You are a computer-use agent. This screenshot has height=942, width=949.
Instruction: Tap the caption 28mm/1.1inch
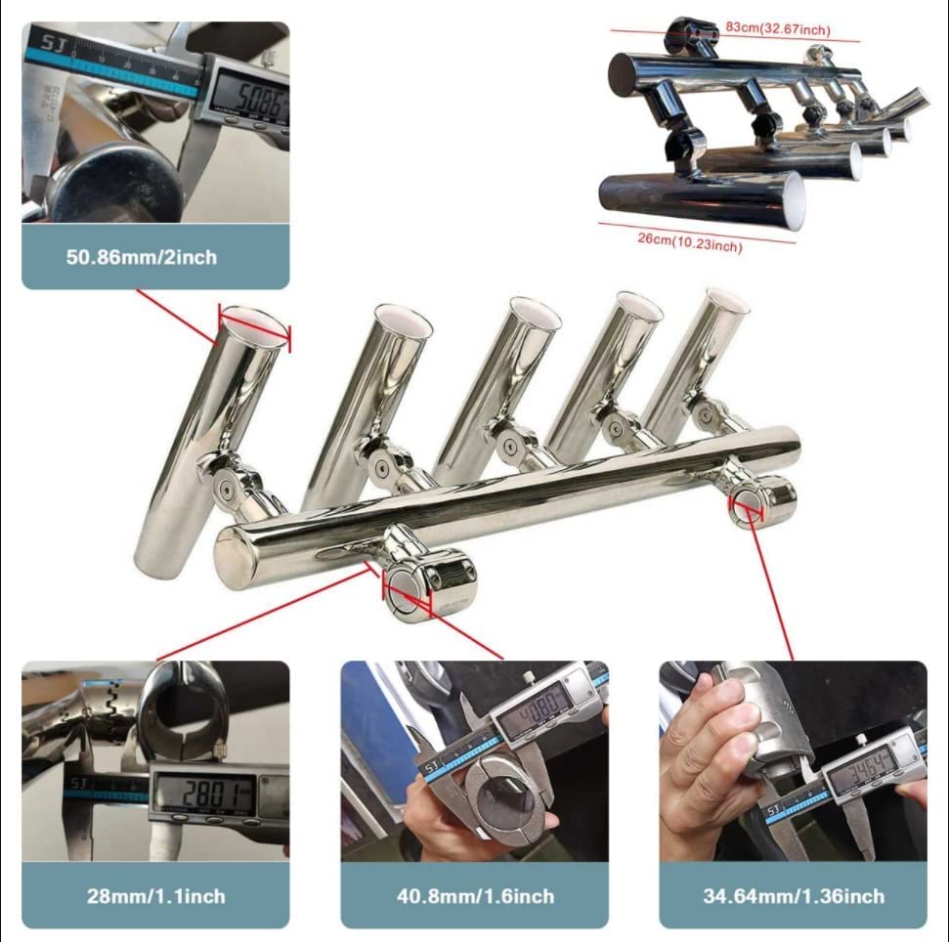click(155, 895)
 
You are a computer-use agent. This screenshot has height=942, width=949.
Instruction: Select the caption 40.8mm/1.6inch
click(474, 895)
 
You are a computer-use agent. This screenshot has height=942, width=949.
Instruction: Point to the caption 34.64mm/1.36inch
click(793, 895)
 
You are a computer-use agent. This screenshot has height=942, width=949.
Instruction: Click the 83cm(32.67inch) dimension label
click(787, 29)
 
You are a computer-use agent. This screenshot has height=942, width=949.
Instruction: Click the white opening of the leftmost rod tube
click(253, 323)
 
